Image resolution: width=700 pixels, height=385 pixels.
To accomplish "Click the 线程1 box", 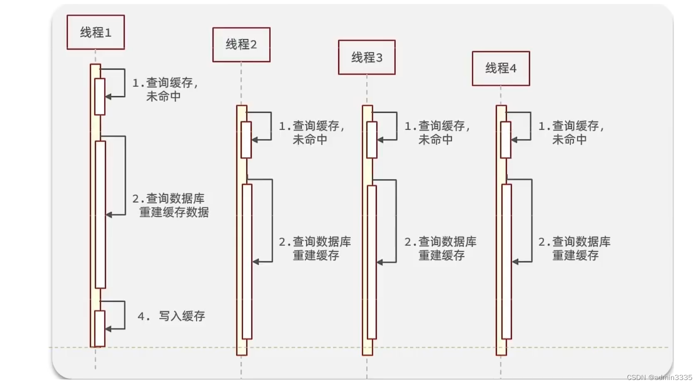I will (x=96, y=33).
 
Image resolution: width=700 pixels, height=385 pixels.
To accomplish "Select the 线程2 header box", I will (x=241, y=45).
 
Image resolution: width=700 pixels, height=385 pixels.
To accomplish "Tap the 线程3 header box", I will (x=367, y=58).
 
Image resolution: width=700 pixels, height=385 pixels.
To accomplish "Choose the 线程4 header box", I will (x=501, y=69).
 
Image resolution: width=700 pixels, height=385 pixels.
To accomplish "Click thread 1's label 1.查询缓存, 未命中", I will (x=165, y=90).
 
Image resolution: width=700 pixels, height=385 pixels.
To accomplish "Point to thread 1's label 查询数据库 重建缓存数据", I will (x=174, y=205).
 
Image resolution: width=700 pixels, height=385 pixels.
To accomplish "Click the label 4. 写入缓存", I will (x=172, y=316).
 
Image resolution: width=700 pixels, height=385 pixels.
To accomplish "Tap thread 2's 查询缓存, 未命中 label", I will (x=312, y=133).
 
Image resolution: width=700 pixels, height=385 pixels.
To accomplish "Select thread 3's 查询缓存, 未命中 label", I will (x=437, y=133).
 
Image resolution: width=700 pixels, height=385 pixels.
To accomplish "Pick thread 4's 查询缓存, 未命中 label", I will (x=571, y=133).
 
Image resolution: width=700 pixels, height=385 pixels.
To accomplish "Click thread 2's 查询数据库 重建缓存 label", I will (x=315, y=248).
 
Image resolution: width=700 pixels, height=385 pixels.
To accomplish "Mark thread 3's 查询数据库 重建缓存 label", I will (x=441, y=248).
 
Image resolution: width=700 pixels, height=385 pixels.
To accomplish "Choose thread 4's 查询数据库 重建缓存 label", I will (x=574, y=248).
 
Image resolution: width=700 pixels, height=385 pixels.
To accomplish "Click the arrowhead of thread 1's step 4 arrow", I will (x=109, y=328).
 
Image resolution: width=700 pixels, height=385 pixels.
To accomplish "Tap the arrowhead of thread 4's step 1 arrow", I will (x=514, y=140).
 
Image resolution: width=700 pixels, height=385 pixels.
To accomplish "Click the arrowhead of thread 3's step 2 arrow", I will (x=380, y=262).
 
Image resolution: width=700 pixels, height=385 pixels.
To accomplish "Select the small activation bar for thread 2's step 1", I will (x=246, y=140).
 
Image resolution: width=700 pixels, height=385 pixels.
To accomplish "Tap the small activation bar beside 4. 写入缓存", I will (x=100, y=328).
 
